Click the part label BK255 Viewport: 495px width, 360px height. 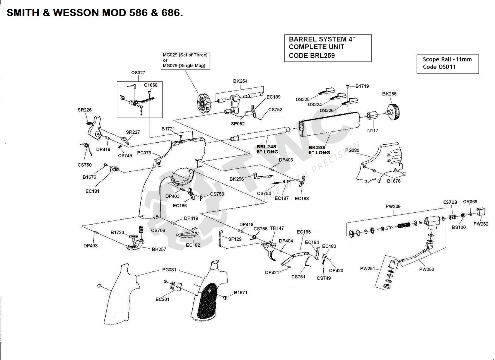[x=389, y=94]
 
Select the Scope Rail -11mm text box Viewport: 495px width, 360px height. [x=447, y=63]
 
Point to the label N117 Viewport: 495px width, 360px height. [x=372, y=130]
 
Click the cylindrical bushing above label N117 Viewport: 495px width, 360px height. [x=372, y=116]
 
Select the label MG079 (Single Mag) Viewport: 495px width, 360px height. [x=184, y=66]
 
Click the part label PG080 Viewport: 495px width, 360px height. [x=352, y=150]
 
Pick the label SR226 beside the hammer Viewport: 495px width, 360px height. [x=84, y=110]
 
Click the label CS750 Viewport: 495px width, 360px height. [x=84, y=165]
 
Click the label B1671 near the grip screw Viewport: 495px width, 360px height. [x=241, y=293]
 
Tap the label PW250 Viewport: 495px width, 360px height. [x=427, y=270]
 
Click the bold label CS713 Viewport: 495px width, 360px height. [x=450, y=202]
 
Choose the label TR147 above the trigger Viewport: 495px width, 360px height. [x=277, y=228]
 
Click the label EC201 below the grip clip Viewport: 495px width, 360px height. [x=163, y=299]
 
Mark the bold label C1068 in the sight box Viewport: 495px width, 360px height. [x=151, y=85]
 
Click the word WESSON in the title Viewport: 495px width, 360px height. [x=75, y=13]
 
